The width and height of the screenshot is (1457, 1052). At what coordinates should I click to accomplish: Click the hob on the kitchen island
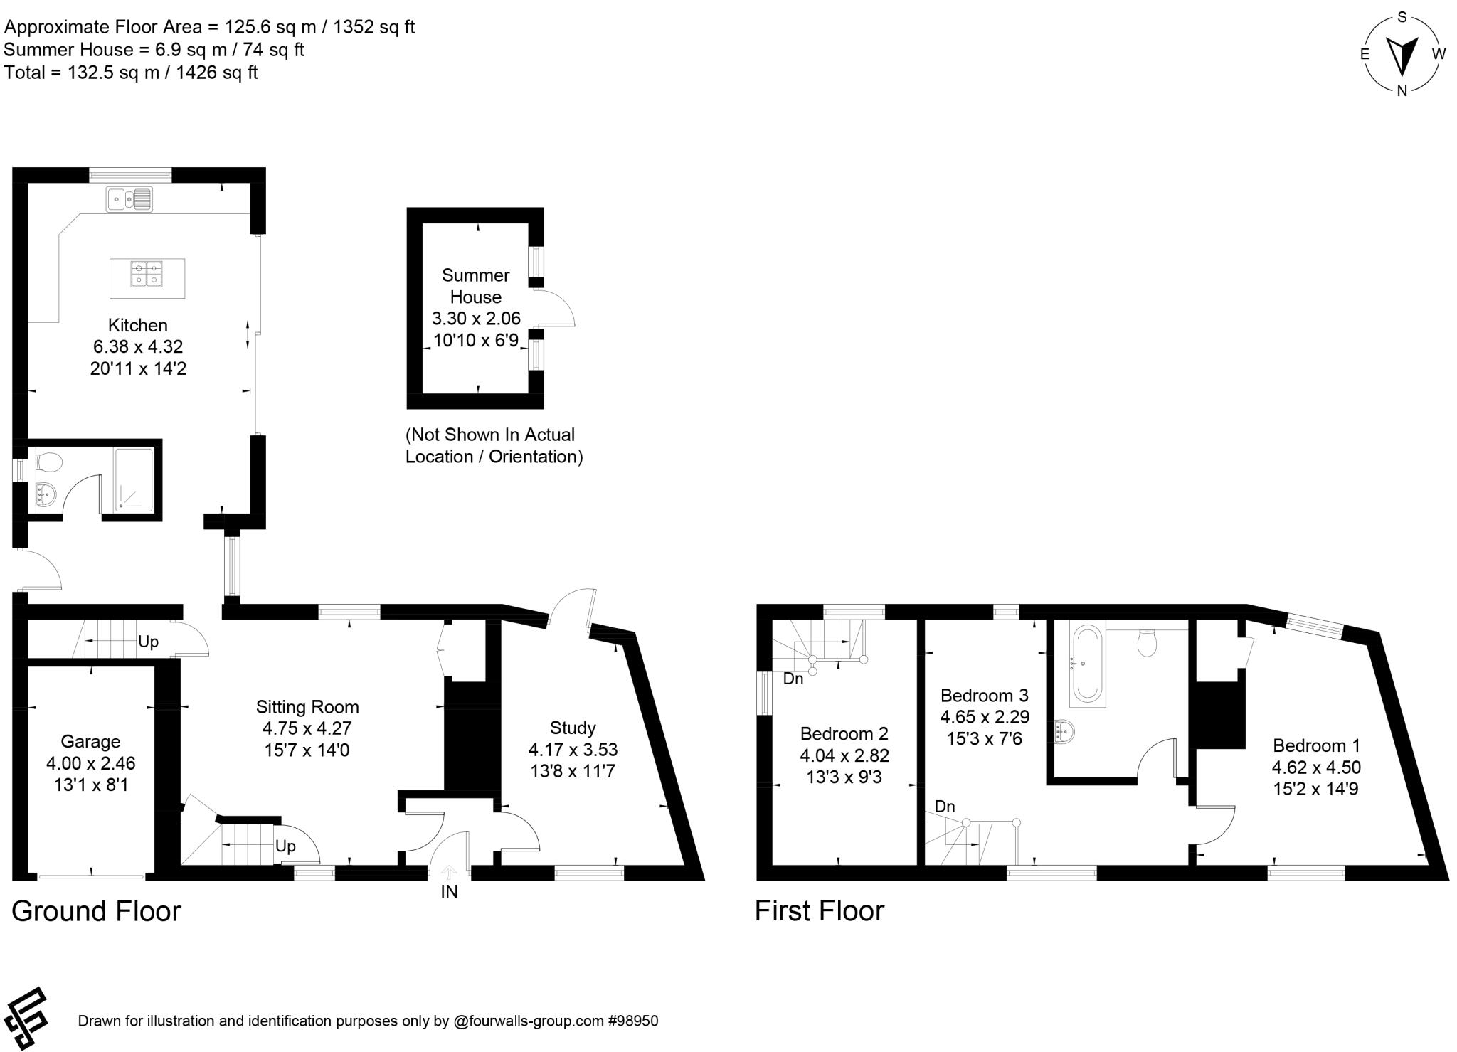tap(147, 274)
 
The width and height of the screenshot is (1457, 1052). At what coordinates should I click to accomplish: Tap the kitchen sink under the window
tap(129, 199)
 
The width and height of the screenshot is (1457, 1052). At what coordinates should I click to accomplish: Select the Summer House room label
tap(475, 286)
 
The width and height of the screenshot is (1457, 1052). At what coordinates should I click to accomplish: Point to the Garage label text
tap(90, 742)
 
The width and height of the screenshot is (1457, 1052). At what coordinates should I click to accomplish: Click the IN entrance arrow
tap(450, 872)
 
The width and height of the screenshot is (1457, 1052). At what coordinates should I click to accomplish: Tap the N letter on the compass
tap(1402, 90)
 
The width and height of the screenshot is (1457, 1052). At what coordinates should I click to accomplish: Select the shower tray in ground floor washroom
tap(134, 479)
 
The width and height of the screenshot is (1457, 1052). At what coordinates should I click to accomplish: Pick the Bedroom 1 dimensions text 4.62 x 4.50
tap(1316, 767)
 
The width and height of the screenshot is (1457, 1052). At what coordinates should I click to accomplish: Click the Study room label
tap(573, 728)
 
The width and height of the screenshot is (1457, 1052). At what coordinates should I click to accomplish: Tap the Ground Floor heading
tap(96, 911)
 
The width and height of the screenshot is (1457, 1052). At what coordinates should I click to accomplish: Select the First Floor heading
tap(819, 910)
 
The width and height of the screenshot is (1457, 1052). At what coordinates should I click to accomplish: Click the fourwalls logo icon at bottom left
tap(26, 1018)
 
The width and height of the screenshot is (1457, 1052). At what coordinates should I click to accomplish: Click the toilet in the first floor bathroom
tap(1147, 643)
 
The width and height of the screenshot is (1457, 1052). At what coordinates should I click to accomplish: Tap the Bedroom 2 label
tap(844, 733)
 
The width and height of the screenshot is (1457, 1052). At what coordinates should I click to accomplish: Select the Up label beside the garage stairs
tap(148, 642)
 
